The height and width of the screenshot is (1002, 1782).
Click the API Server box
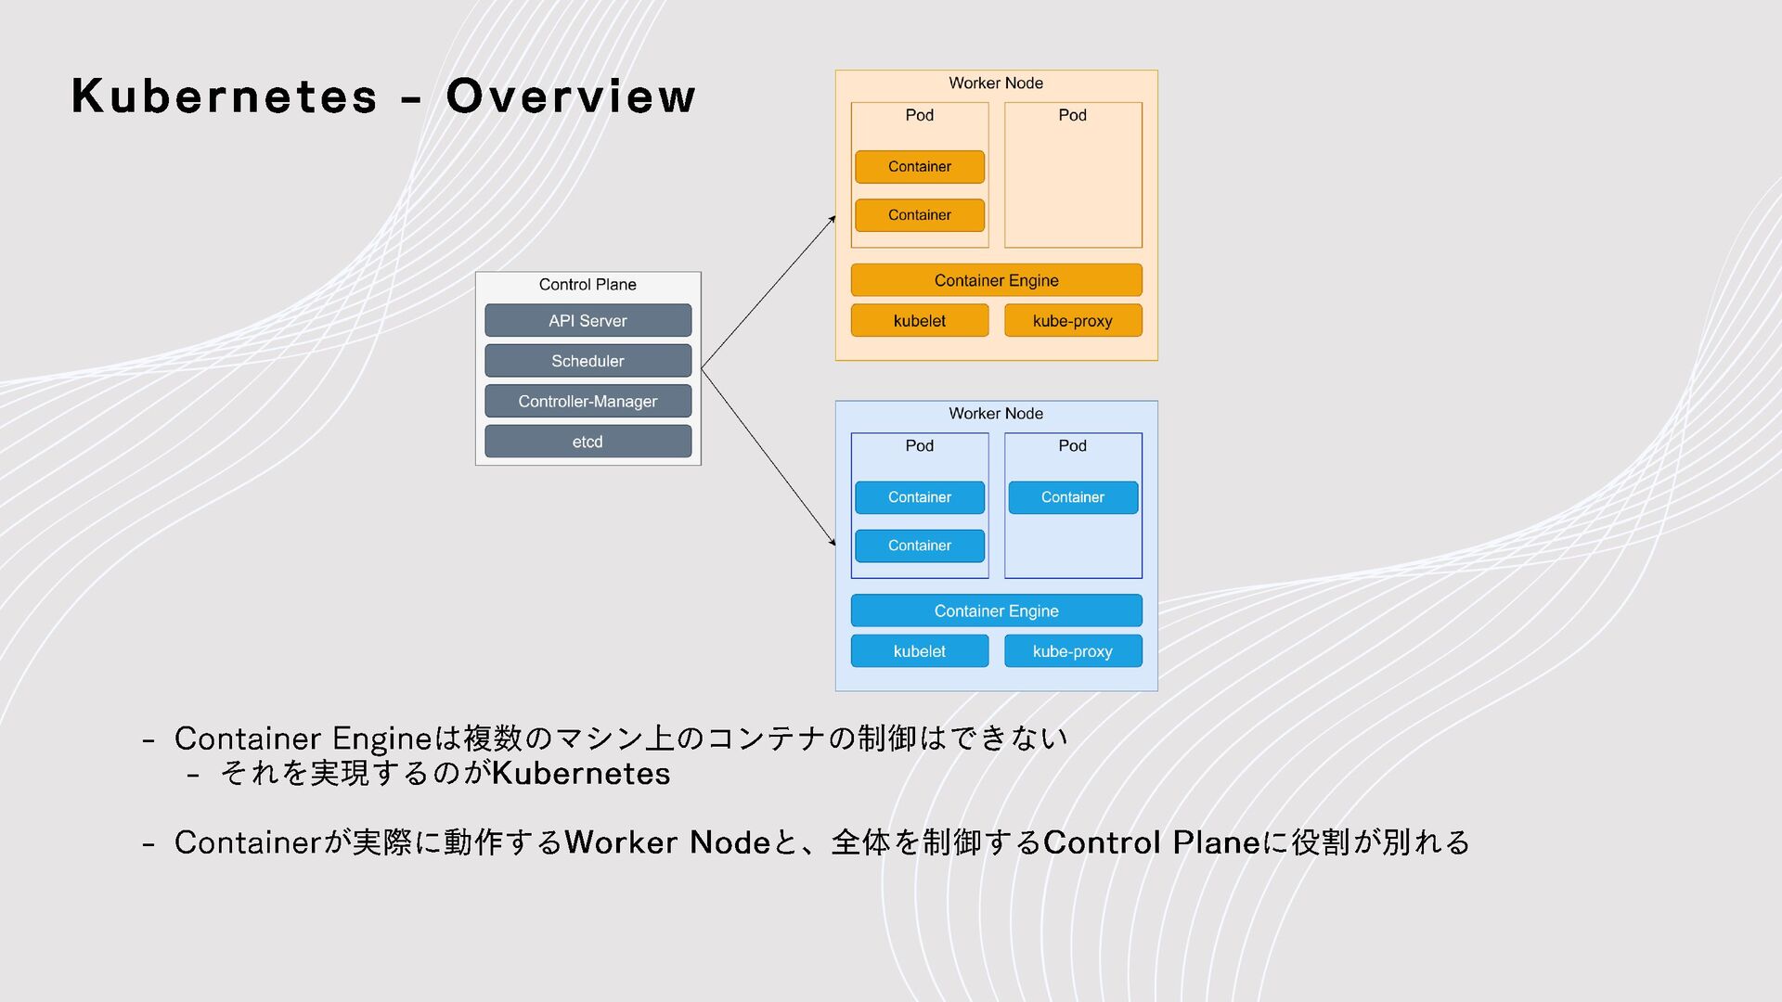[588, 321]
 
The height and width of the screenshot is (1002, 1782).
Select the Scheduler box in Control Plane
[588, 361]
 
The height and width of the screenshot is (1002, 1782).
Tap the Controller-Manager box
[588, 402]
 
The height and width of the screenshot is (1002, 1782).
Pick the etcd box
[588, 442]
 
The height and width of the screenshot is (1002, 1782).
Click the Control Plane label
[588, 285]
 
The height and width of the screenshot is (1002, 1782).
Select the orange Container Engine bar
[996, 280]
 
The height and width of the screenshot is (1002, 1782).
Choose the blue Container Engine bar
[996, 611]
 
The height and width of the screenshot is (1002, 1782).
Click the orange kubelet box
[919, 321]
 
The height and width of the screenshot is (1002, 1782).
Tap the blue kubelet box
[919, 651]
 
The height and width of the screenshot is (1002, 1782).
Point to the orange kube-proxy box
[1072, 321]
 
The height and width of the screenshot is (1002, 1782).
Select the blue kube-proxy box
[1072, 651]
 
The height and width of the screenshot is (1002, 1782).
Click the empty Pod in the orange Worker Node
[1073, 186]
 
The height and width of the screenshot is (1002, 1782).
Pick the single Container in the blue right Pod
[1073, 497]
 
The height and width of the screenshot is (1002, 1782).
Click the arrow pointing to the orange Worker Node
[768, 292]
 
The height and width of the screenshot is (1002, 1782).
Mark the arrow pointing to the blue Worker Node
[768, 457]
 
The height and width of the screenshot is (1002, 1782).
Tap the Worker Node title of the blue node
[996, 414]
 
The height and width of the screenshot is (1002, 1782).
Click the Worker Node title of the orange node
[996, 83]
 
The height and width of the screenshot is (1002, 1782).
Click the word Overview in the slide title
[570, 96]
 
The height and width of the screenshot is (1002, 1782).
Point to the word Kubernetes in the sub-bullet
[581, 774]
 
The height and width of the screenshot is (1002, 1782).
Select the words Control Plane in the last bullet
[1151, 842]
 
